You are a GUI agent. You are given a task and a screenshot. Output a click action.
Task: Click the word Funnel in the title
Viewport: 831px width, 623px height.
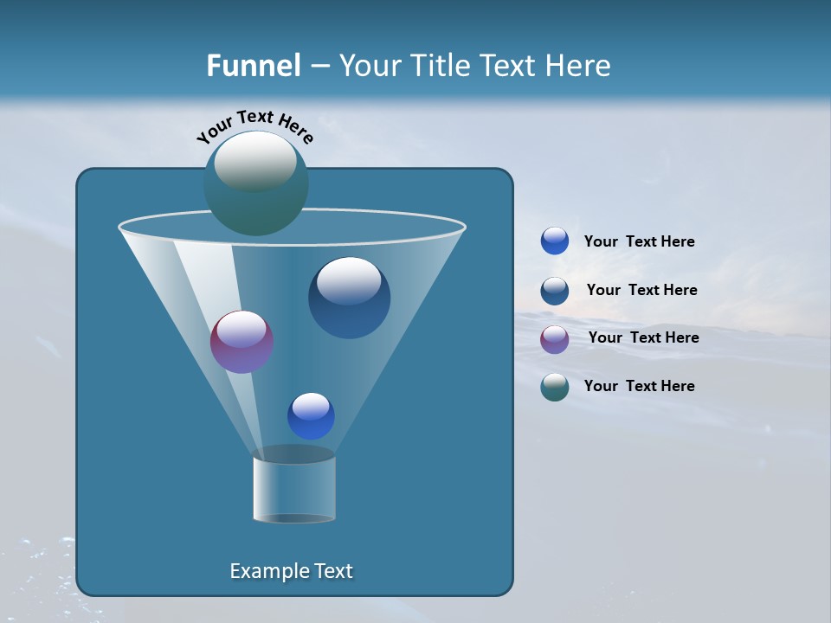point(253,66)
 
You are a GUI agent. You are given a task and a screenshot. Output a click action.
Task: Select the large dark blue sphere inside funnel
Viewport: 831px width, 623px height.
point(349,299)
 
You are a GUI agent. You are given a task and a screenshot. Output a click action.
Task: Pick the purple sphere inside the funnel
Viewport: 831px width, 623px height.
point(242,342)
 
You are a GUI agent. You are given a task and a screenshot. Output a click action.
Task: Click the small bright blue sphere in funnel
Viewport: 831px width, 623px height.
point(311,415)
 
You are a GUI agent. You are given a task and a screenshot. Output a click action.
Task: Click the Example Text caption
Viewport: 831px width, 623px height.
point(291,571)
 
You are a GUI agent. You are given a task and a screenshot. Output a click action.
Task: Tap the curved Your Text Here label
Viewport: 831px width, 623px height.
point(254,126)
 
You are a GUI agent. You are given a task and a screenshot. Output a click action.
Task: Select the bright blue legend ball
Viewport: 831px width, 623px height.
point(555,241)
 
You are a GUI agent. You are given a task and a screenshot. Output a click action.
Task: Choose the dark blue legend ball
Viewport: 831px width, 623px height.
point(555,290)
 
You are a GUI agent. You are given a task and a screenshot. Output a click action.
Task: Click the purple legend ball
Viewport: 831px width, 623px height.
point(555,338)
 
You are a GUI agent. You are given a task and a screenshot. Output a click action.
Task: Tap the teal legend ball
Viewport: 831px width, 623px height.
point(555,387)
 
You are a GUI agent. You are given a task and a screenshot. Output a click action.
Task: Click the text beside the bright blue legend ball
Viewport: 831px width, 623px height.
point(639,241)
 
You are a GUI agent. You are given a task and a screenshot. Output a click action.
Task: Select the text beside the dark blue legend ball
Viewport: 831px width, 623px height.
point(641,290)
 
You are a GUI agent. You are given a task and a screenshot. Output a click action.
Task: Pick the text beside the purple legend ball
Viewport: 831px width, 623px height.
point(643,337)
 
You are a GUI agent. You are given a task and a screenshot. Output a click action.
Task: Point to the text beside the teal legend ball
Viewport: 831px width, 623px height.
point(639,386)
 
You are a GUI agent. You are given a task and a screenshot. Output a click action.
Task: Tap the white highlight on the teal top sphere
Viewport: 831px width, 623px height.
point(254,161)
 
